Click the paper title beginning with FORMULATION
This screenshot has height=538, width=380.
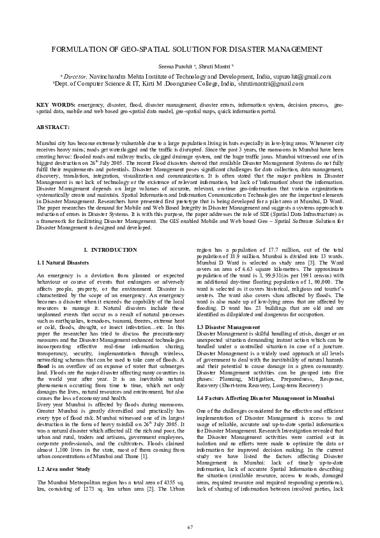(x=190, y=49)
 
